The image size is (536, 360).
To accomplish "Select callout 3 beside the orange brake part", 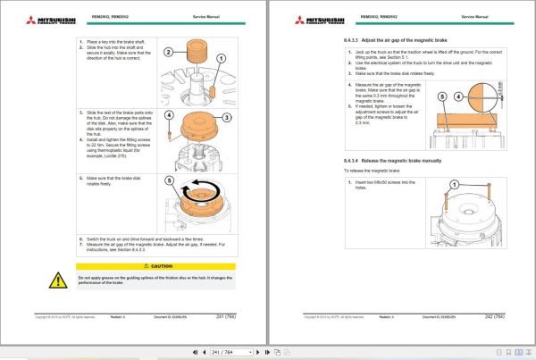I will coord(226,118).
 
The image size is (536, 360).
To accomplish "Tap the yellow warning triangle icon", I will coord(58,280).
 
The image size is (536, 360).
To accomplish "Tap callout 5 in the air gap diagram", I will coord(445,96).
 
